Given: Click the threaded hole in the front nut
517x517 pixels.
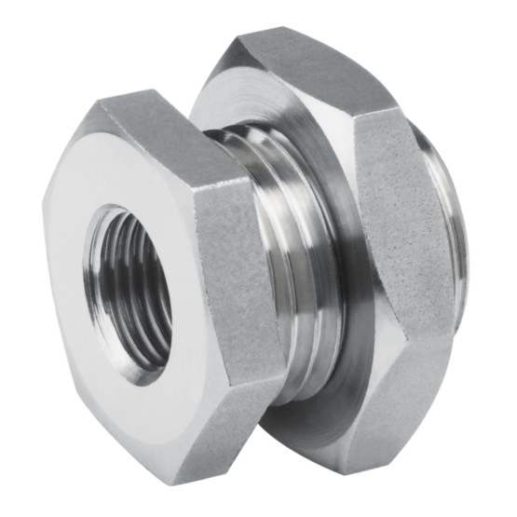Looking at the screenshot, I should coord(130,289).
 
